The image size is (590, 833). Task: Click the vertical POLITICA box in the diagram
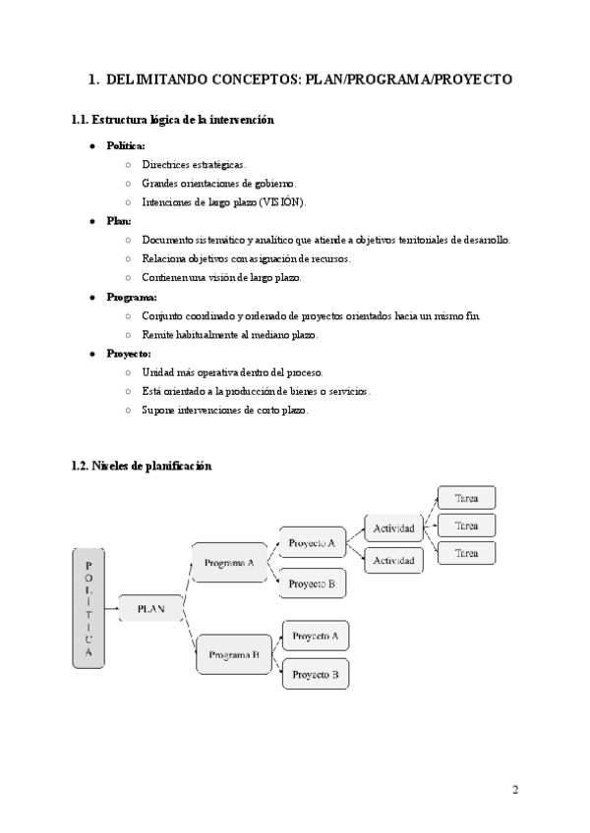(88, 610)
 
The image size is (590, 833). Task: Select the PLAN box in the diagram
(149, 609)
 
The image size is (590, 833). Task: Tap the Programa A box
(228, 563)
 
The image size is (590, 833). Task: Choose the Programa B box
(233, 653)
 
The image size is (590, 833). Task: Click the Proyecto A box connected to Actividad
(313, 542)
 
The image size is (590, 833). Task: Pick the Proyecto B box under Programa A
(313, 583)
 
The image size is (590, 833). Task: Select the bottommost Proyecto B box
(315, 675)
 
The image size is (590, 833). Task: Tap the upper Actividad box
(393, 528)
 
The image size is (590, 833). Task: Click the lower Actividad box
(393, 560)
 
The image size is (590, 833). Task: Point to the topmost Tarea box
(466, 498)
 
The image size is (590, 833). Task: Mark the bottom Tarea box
(466, 554)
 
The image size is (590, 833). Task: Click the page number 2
(514, 789)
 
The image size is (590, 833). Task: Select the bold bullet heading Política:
(126, 145)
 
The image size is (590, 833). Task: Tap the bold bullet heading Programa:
(132, 297)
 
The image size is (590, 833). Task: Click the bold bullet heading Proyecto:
(129, 354)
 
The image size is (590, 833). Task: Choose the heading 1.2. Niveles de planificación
(142, 467)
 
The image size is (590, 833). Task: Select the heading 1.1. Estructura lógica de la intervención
(172, 120)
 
